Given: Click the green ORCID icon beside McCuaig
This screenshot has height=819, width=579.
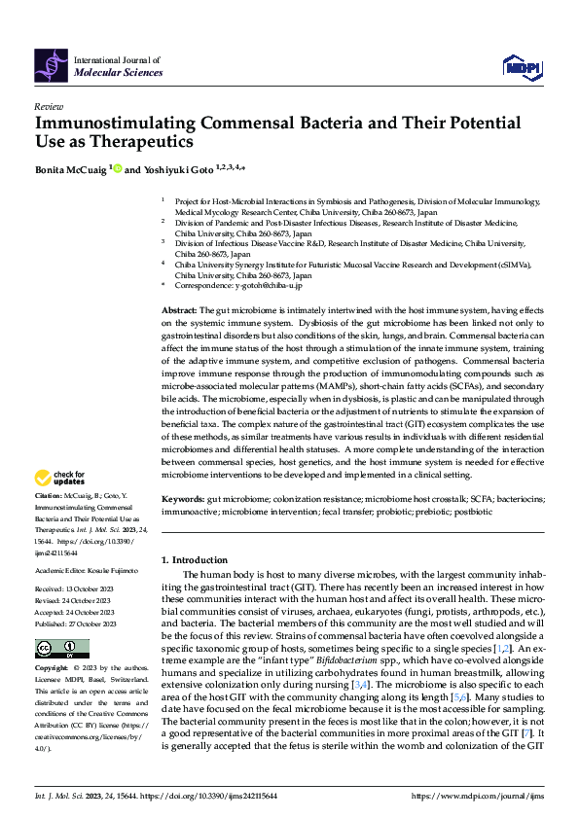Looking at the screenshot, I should coord(119,168).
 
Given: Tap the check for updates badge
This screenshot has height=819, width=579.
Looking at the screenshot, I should coord(59,478).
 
